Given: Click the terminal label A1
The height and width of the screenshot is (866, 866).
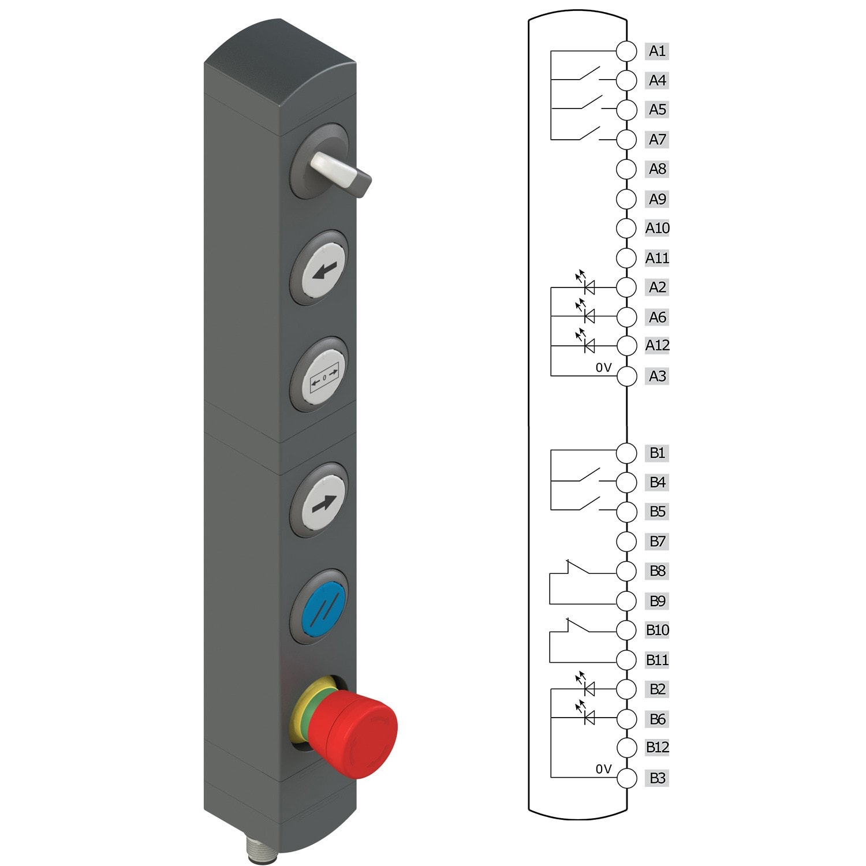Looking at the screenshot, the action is click(x=657, y=51).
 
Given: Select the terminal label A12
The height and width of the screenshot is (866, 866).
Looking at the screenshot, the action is click(x=657, y=345).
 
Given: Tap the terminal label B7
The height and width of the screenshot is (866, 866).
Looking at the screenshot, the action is click(x=657, y=542).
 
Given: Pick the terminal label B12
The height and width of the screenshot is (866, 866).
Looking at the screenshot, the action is click(x=657, y=747).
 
